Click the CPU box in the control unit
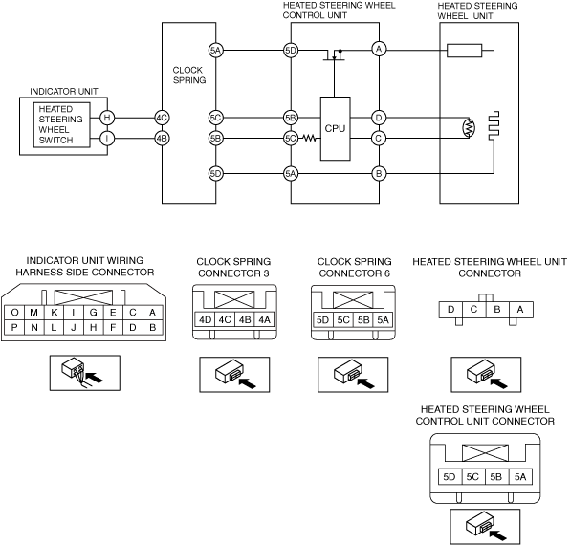pyautogui.click(x=335, y=128)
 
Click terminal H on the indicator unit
pyautogui.click(x=107, y=118)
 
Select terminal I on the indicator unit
pyautogui.click(x=107, y=139)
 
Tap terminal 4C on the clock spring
pyautogui.click(x=162, y=118)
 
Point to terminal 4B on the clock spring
pyautogui.click(x=162, y=139)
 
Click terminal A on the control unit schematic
pyautogui.click(x=379, y=49)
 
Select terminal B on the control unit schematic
pyautogui.click(x=379, y=174)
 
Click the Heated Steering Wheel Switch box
pyautogui.click(x=62, y=125)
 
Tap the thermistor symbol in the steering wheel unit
pyautogui.click(x=469, y=127)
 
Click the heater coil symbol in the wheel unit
pyautogui.click(x=494, y=125)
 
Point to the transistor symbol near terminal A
pyautogui.click(x=334, y=54)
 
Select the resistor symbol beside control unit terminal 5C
pyautogui.click(x=309, y=139)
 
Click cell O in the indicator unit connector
pyautogui.click(x=14, y=313)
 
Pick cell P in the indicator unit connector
pyautogui.click(x=14, y=327)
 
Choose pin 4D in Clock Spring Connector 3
pyautogui.click(x=205, y=320)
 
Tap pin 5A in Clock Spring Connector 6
pyautogui.click(x=384, y=320)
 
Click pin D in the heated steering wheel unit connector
pyautogui.click(x=450, y=310)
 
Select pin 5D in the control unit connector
pyautogui.click(x=450, y=476)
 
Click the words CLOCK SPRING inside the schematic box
pyautogui.click(x=189, y=75)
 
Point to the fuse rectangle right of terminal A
pyautogui.click(x=464, y=51)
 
